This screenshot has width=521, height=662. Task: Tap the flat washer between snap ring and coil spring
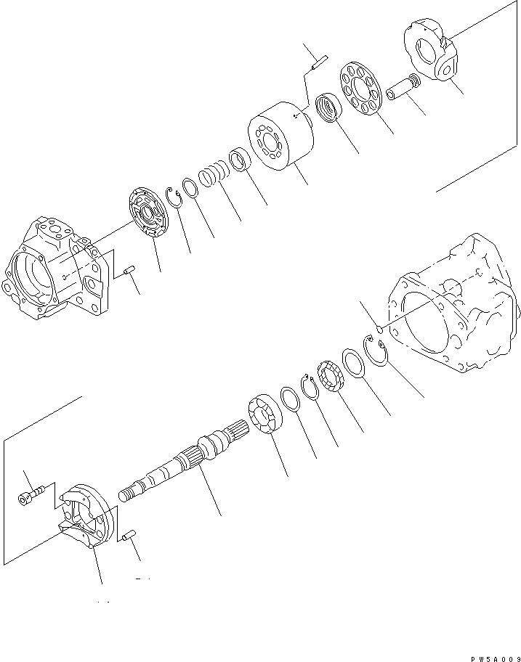pos(190,188)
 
